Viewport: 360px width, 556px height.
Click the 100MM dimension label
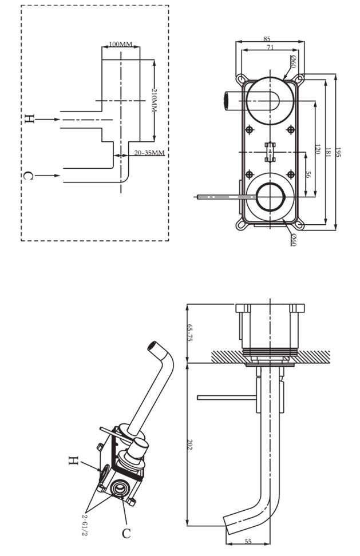click(120, 44)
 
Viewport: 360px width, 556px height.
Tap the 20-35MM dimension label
click(149, 153)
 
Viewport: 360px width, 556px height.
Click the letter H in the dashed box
click(29, 120)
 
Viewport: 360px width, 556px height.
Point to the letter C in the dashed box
click(28, 176)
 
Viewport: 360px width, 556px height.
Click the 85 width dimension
click(267, 39)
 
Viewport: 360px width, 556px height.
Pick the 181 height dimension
click(327, 153)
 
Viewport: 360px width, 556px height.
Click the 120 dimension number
click(316, 150)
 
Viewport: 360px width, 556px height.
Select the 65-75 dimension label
click(191, 332)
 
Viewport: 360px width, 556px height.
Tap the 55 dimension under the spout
click(249, 541)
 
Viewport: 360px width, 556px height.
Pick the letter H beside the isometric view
click(73, 460)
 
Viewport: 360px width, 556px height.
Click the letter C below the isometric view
click(126, 534)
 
